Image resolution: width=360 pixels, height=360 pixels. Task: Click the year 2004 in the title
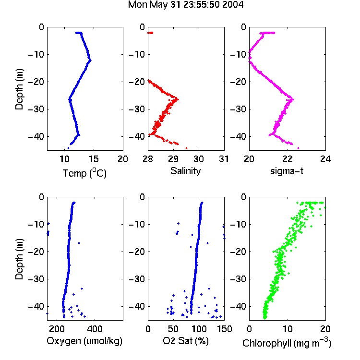tap(233, 5)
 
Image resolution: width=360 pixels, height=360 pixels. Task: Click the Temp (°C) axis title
tap(84, 173)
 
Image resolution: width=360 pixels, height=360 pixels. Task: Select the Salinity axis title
tap(185, 171)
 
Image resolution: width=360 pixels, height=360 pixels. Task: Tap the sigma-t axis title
tap(287, 171)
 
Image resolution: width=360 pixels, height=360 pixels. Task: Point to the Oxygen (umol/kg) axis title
tap(84, 341)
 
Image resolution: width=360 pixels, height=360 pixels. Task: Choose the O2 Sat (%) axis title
tap(186, 341)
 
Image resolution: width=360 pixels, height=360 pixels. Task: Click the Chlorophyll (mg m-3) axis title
tap(287, 343)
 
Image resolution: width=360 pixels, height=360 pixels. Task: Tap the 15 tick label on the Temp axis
tap(94, 159)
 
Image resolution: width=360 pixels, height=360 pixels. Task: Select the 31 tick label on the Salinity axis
tap(224, 159)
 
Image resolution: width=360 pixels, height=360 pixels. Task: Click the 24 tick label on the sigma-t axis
tap(325, 159)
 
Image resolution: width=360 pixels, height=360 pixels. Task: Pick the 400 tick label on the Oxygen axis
tap(95, 329)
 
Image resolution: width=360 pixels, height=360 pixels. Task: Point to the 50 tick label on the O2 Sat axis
tap(173, 329)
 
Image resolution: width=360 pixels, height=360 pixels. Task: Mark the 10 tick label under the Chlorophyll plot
tap(288, 329)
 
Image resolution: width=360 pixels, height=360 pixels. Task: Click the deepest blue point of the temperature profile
tap(68, 148)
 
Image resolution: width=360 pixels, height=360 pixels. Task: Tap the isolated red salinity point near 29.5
tap(186, 148)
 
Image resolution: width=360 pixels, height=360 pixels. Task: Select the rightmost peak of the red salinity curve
tap(178, 99)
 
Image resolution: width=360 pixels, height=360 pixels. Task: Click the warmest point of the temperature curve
tap(90, 60)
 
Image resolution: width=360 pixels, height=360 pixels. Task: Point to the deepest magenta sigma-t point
tap(298, 148)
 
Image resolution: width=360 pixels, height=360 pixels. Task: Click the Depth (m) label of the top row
tap(19, 89)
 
